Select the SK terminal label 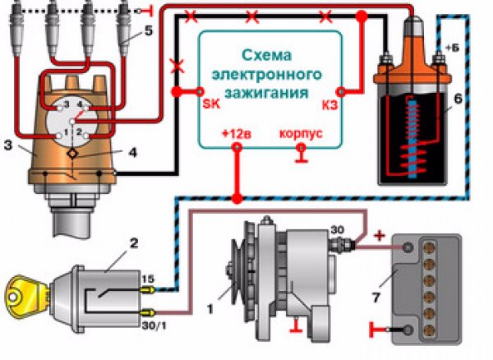210,104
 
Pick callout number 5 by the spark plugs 147,32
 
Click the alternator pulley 232,270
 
